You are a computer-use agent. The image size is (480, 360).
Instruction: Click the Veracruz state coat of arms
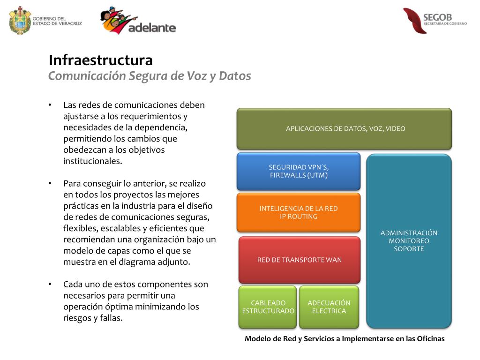(20, 20)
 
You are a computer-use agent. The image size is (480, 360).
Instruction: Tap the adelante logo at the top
(138, 21)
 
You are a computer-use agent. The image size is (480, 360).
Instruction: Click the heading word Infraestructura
(101, 60)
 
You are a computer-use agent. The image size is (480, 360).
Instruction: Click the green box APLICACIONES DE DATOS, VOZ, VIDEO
(345, 129)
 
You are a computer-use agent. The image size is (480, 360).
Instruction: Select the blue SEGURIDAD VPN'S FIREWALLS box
(299, 171)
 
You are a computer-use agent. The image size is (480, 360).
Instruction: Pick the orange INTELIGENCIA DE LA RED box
(299, 212)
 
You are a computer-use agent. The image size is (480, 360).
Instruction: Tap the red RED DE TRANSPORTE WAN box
(300, 260)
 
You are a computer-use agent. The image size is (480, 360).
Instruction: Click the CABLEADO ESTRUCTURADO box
(268, 307)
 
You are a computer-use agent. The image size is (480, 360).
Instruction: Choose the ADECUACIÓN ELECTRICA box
(329, 307)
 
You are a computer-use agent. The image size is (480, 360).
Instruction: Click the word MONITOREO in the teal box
(409, 241)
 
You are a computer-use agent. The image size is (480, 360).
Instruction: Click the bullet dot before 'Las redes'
(50, 105)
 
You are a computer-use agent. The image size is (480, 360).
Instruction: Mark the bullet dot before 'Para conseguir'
(50, 183)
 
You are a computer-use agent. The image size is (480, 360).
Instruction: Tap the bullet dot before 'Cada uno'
(50, 285)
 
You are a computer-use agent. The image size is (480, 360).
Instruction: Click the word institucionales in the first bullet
(92, 161)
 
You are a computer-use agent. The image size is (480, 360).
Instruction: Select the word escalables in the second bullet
(115, 228)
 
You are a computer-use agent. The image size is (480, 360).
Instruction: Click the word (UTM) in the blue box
(318, 175)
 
